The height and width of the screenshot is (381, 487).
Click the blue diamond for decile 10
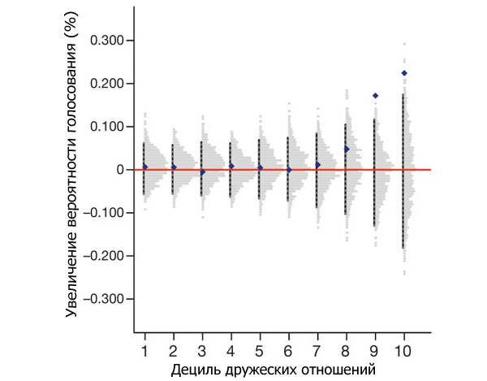tap(404, 73)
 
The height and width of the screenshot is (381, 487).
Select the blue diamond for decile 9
tap(375, 96)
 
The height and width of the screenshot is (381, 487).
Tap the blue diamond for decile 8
tap(347, 149)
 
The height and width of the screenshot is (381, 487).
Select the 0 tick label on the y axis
tap(119, 170)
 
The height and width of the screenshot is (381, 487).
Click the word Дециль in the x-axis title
tap(194, 370)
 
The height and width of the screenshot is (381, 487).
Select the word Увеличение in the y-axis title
tap(73, 275)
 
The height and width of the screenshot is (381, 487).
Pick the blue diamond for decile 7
tap(318, 164)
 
